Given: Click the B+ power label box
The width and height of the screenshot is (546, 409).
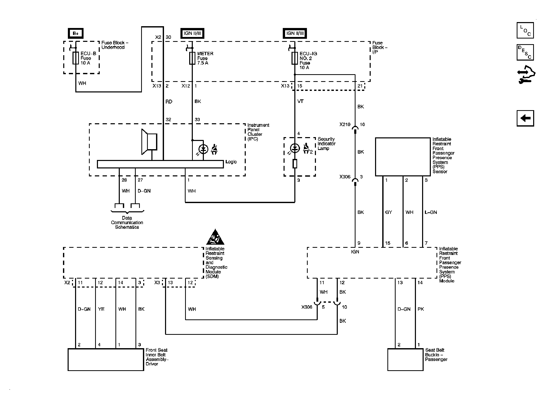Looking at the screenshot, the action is pos(76,33).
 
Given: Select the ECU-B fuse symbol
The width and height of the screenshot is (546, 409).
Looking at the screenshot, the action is pos(76,58).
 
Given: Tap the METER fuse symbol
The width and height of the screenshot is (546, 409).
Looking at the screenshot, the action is pos(192,58).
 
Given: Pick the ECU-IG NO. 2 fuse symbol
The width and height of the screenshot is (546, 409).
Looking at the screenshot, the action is pos(295,58).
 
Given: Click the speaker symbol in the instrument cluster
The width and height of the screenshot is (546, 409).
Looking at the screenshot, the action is pos(149,142).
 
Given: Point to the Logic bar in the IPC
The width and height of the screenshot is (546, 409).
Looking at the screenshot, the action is pos(160,164).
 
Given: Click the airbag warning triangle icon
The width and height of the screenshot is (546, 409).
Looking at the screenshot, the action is pos(215,237).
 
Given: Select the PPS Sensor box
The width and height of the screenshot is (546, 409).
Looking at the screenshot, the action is pos(403,157).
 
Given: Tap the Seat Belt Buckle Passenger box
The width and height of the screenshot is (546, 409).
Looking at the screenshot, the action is pos(405,359).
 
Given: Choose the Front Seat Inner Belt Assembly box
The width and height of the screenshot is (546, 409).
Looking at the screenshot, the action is pos(106,359).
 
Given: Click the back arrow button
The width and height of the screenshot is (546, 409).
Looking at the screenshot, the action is pos(525,118).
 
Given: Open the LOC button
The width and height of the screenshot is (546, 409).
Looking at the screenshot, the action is pos(525,30).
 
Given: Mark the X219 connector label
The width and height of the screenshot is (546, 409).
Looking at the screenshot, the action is pos(345,125).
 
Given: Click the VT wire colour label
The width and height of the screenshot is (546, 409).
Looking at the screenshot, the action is pos(300,101).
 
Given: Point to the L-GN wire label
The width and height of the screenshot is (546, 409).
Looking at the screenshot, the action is pos(431,212).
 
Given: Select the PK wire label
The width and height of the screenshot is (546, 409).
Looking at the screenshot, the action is pos(421,309).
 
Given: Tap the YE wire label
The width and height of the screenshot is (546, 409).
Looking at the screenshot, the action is pos(101,309).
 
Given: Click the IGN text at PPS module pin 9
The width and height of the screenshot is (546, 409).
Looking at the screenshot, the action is pos(355,252).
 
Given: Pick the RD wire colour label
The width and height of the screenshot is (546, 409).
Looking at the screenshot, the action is pos(169,102).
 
